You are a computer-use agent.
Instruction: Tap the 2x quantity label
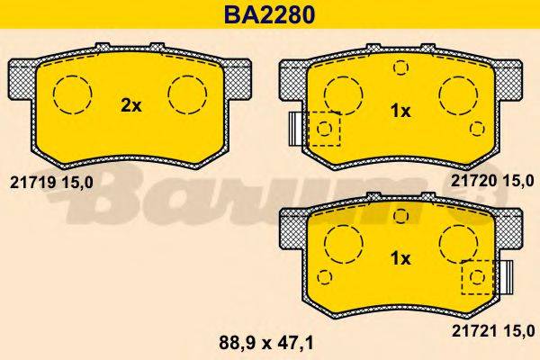(131, 105)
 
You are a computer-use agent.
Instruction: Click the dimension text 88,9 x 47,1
(270, 342)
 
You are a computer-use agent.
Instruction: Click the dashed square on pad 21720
(324, 129)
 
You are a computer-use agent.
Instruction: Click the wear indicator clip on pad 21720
(294, 128)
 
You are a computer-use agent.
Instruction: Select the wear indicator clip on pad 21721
(506, 276)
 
